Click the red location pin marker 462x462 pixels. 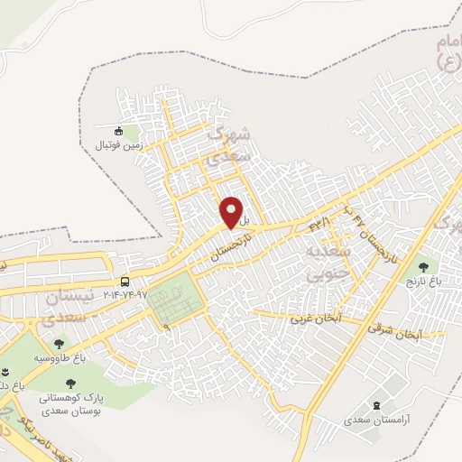click(x=233, y=212)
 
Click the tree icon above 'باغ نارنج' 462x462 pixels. click(x=422, y=267)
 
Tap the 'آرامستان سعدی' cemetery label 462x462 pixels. click(x=375, y=420)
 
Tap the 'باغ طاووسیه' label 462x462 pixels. click(x=60, y=358)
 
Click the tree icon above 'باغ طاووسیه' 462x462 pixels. click(x=60, y=344)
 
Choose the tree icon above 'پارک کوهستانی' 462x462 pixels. click(x=69, y=383)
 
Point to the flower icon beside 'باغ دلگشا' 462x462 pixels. click(x=5, y=373)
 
